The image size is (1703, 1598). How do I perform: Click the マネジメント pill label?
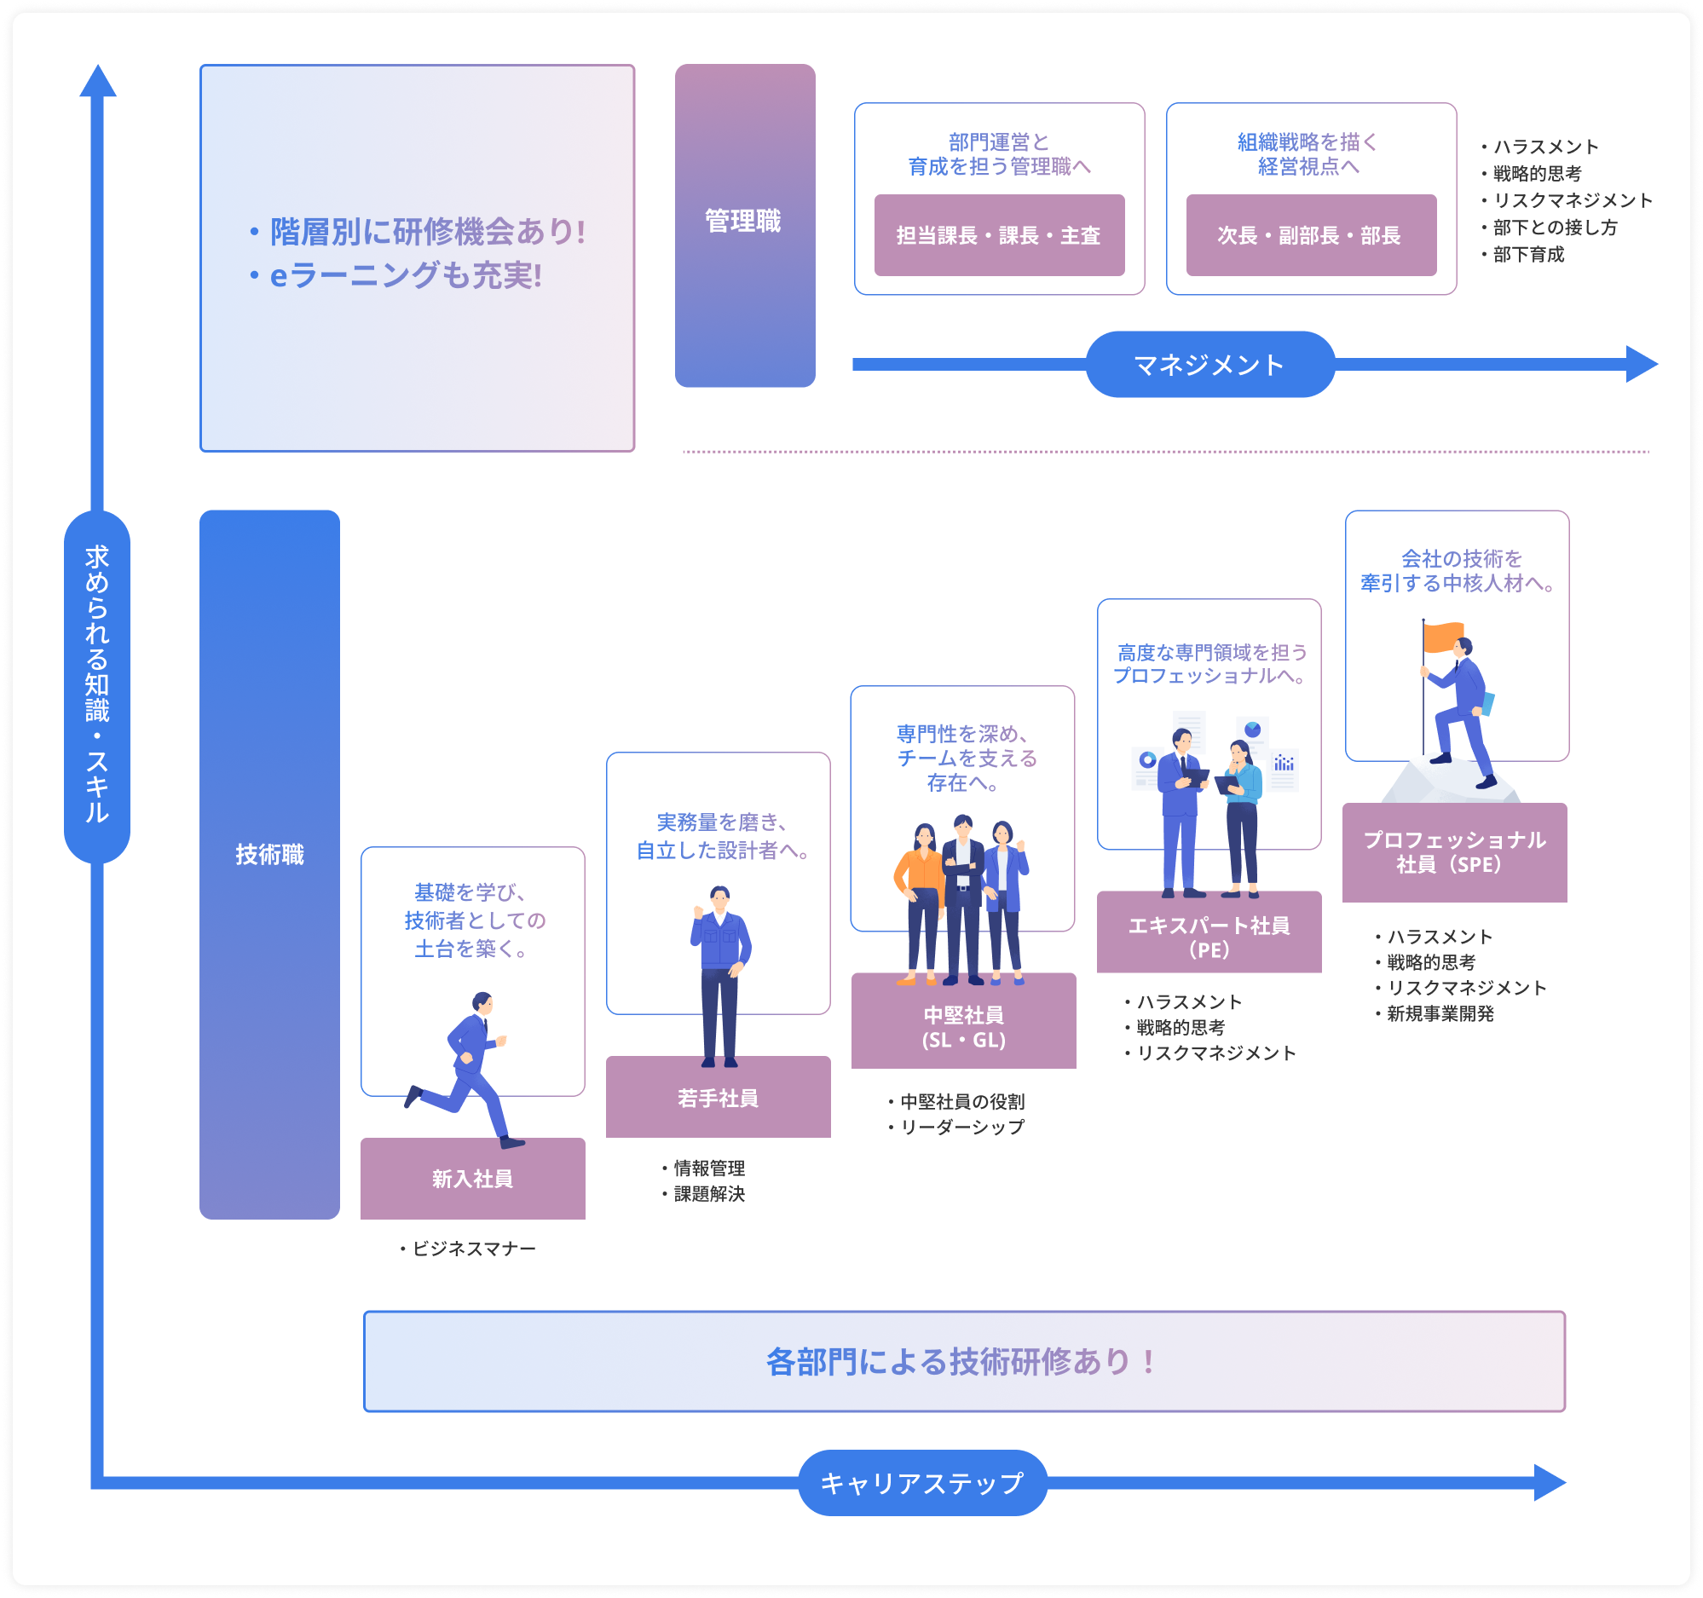pos(1209,365)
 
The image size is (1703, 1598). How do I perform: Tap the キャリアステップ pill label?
pos(921,1482)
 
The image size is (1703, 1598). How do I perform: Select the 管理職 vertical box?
pos(744,225)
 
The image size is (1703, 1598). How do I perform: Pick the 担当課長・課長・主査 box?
pos(999,235)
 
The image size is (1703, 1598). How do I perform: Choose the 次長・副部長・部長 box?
pos(1311,235)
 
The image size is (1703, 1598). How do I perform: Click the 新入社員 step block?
pos(472,1179)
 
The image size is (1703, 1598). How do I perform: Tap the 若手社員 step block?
pos(718,1097)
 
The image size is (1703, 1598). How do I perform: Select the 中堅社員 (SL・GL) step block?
pos(963,1026)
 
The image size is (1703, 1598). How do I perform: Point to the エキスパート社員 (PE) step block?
pos(1209,936)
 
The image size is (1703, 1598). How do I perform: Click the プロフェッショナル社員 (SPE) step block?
pos(1454,852)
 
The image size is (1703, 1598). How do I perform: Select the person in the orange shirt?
pos(917,903)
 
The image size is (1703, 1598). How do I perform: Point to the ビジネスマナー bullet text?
pos(473,1249)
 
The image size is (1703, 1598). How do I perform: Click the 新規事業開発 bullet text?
pos(1439,1013)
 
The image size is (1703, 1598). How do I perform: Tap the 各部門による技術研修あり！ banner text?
pos(963,1361)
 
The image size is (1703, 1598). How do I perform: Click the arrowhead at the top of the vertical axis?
pos(98,81)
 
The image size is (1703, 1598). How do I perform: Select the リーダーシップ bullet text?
pos(961,1127)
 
